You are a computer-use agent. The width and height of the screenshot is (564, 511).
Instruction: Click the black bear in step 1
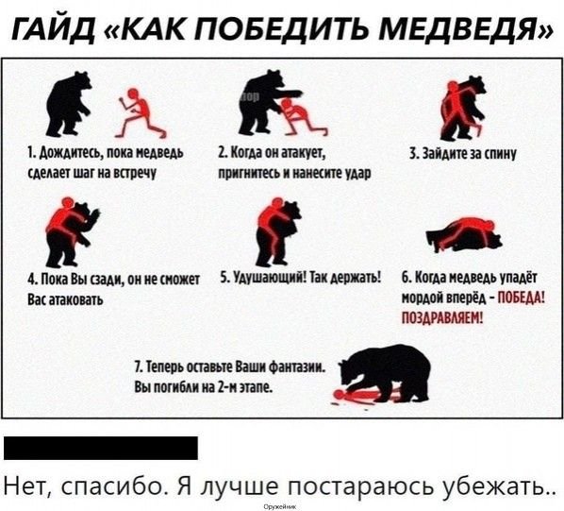[x=71, y=103]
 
